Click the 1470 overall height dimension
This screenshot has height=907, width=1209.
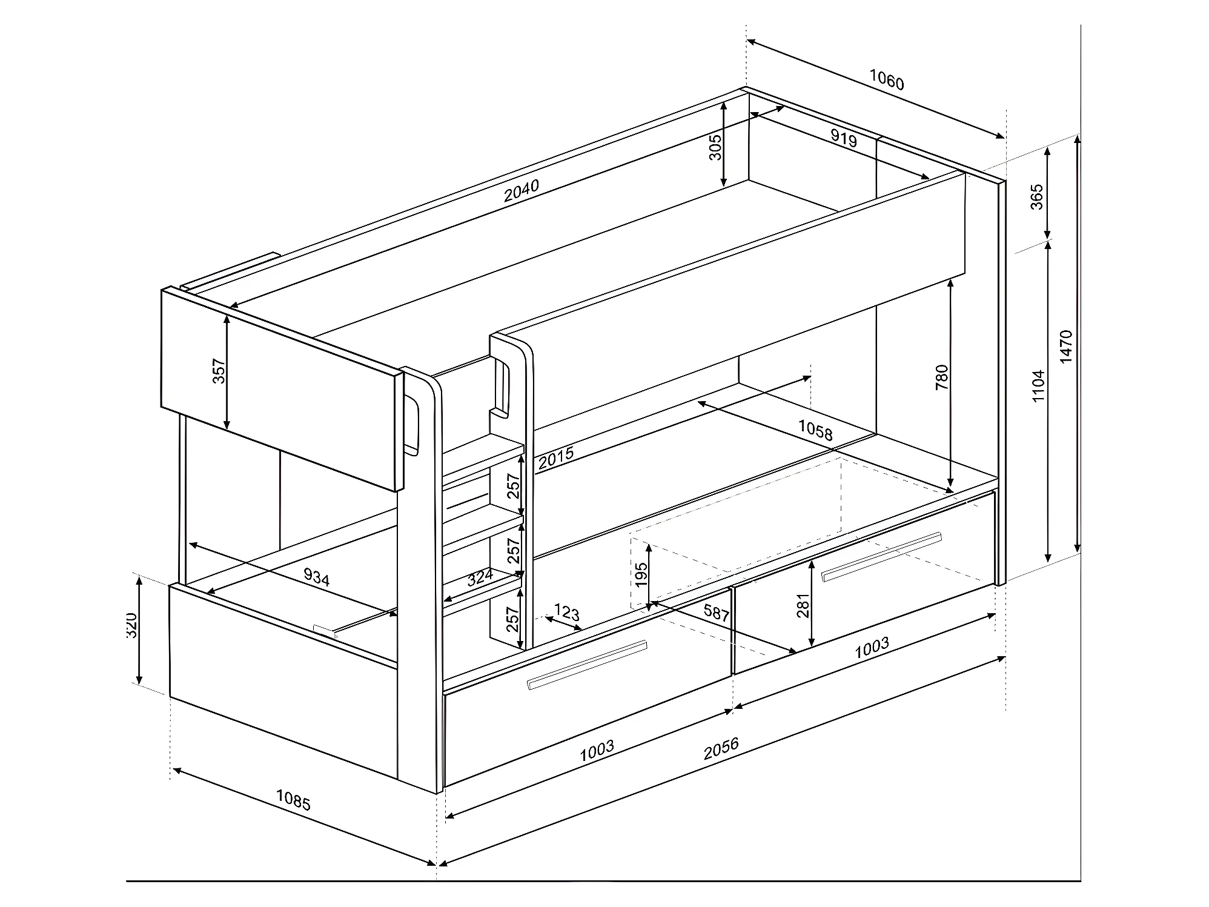tap(1067, 346)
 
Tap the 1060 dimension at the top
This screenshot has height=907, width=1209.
tap(887, 79)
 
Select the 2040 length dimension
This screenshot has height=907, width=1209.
tap(522, 190)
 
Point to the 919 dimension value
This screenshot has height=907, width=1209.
tap(844, 139)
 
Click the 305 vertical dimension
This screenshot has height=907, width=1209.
tap(715, 147)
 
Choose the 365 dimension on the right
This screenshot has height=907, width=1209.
tap(1037, 197)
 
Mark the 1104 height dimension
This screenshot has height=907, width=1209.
tap(1038, 386)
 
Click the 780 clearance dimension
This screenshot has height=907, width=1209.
tap(942, 377)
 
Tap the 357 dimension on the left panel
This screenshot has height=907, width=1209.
tap(219, 371)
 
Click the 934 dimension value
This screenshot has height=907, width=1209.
tap(316, 577)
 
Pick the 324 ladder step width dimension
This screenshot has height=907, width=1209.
tap(480, 577)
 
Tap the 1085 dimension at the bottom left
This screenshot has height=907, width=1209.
tap(293, 800)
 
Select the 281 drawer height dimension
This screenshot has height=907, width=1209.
tap(803, 605)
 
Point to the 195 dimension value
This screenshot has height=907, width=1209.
tap(641, 574)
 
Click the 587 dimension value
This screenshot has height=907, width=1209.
tap(717, 613)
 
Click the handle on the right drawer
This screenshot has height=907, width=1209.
tap(881, 556)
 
